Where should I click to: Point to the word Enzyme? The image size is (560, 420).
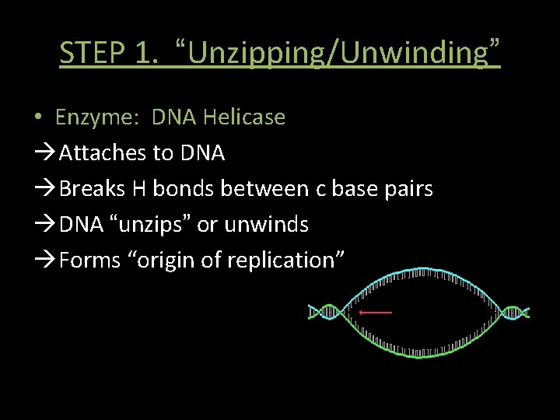[x=99, y=117]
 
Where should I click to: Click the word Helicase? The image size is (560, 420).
[x=243, y=117]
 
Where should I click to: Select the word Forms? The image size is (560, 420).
[x=89, y=261]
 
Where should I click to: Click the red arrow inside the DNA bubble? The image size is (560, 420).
[x=375, y=313]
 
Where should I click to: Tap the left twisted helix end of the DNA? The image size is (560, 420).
[x=326, y=312]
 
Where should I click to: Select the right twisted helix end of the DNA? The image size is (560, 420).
[x=513, y=313]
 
